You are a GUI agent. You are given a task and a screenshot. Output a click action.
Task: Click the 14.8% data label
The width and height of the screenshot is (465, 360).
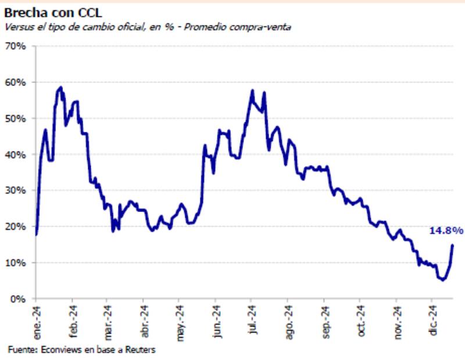[x=446, y=231]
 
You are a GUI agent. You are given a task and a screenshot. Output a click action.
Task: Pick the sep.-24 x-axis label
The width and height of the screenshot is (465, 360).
[x=324, y=320]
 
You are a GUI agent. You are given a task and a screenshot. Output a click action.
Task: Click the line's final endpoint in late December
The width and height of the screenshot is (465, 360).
[x=453, y=245]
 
